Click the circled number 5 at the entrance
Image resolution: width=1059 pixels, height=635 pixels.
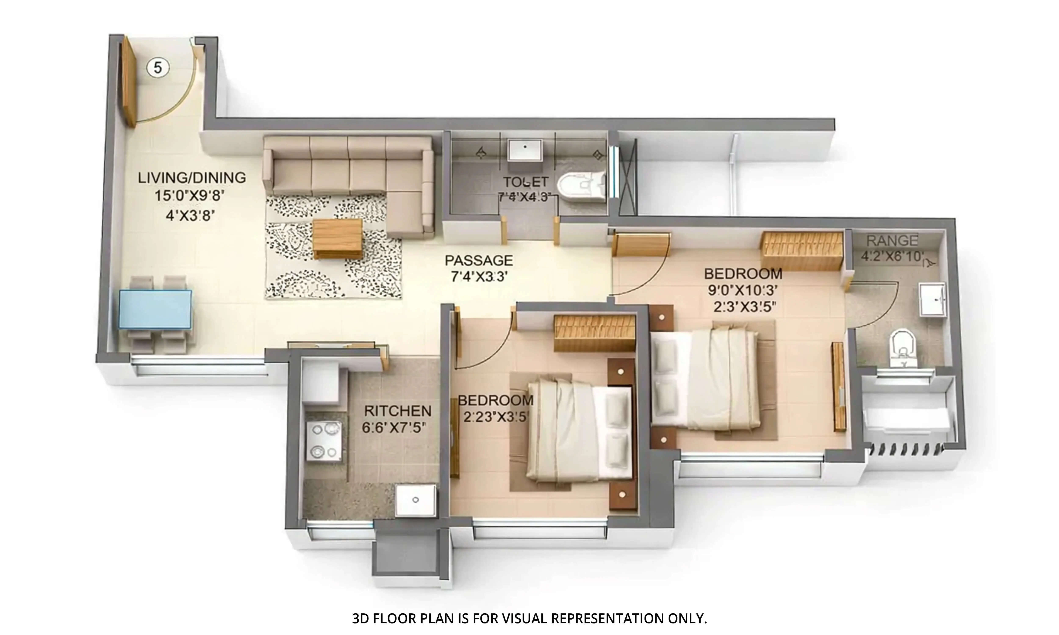[158, 68]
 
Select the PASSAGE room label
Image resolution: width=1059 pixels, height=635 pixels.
[478, 260]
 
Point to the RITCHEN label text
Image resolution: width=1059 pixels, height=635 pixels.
[398, 411]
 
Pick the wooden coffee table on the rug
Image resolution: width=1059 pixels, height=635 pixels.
[337, 238]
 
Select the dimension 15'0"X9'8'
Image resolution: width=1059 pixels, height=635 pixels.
[190, 196]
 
